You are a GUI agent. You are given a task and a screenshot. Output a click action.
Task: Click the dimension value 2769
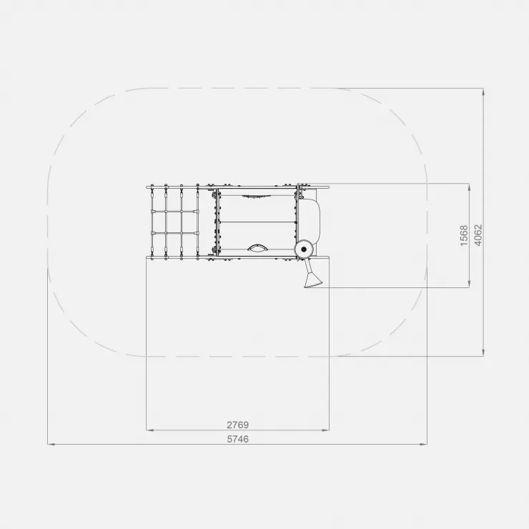237,425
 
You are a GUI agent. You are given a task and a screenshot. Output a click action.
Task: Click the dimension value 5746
237,439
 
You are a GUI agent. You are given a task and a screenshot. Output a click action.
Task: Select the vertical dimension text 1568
464,235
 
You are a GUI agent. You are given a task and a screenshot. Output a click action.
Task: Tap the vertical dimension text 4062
478,235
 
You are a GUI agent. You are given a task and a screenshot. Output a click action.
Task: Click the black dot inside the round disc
304,249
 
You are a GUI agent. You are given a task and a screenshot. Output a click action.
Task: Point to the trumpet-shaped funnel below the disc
312,275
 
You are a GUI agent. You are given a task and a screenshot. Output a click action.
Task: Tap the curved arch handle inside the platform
258,248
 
